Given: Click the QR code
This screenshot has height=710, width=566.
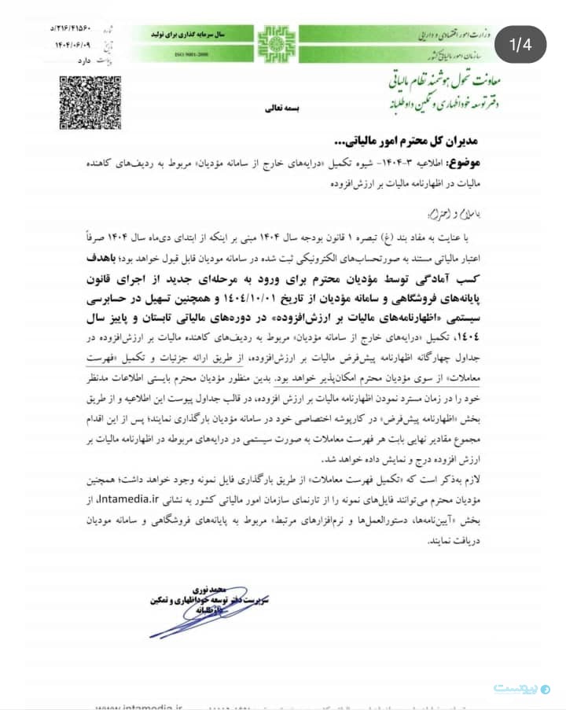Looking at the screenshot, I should (79, 103).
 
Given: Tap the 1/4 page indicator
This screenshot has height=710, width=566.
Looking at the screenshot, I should (520, 45).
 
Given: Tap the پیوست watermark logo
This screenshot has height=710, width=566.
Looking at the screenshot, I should (517, 688).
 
